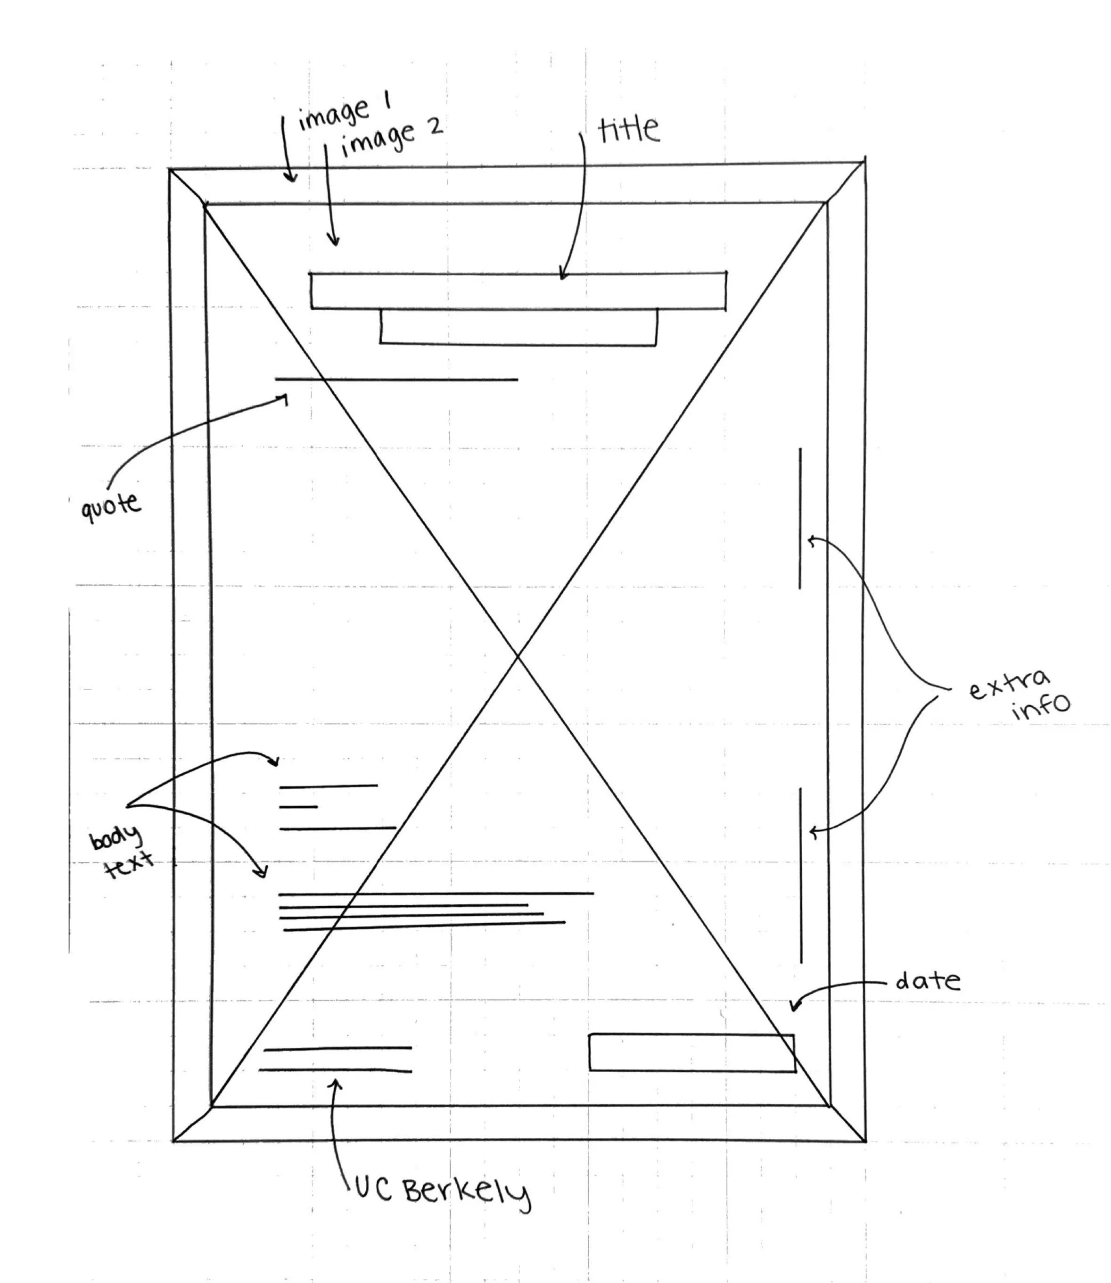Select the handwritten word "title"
point(628,129)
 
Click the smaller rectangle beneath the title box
point(518,327)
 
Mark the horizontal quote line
point(397,379)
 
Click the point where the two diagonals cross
point(518,656)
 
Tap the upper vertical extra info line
point(800,518)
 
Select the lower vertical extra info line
point(801,874)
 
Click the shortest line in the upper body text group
point(298,807)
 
